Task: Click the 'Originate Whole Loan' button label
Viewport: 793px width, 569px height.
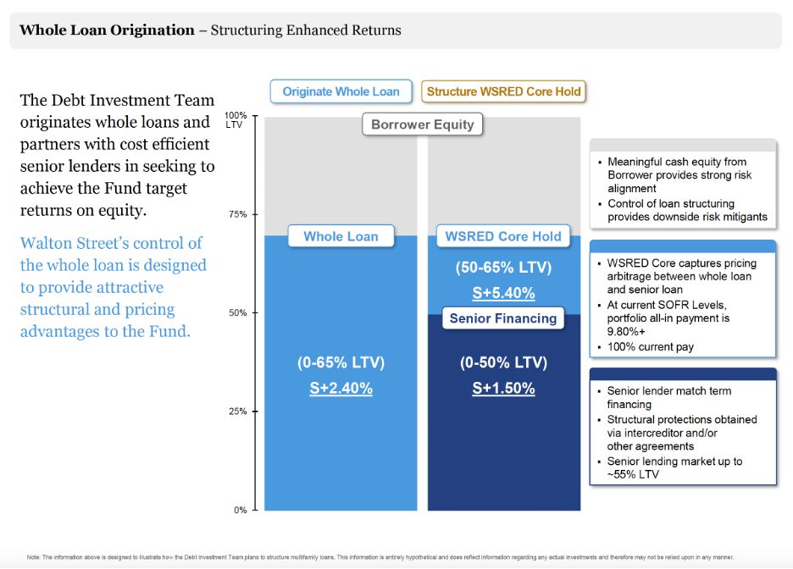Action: [x=341, y=91]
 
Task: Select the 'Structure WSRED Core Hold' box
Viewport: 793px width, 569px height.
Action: [x=503, y=91]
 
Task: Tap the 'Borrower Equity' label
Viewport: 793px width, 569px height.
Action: [x=423, y=124]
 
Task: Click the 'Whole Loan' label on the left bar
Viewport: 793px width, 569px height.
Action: [x=341, y=236]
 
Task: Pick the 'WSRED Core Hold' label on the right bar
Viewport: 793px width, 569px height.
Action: [x=503, y=236]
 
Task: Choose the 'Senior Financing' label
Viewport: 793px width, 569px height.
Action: [x=503, y=318]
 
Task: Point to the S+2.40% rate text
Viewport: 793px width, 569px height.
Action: [x=341, y=389]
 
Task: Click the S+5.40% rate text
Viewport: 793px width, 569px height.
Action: [x=503, y=293]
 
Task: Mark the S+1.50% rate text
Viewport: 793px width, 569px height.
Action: [x=503, y=389]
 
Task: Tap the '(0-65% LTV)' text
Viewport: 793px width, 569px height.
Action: [x=341, y=362]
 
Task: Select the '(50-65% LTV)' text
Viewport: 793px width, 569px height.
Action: [x=503, y=268]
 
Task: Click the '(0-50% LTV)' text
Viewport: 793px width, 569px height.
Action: [x=503, y=362]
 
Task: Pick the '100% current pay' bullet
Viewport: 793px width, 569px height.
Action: [x=651, y=346]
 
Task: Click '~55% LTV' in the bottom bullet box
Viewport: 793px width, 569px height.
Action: [x=632, y=474]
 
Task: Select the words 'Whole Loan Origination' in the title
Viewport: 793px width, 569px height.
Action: [x=107, y=30]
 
